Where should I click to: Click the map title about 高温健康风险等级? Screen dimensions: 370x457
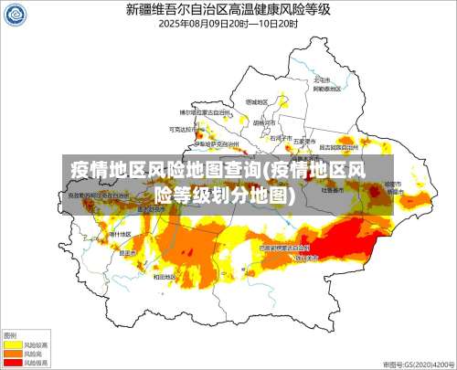(228, 10)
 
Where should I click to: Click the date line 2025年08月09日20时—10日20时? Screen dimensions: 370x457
(228, 24)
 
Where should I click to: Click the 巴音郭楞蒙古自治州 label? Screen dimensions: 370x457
(284, 247)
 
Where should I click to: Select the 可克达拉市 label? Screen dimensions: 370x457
(182, 130)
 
